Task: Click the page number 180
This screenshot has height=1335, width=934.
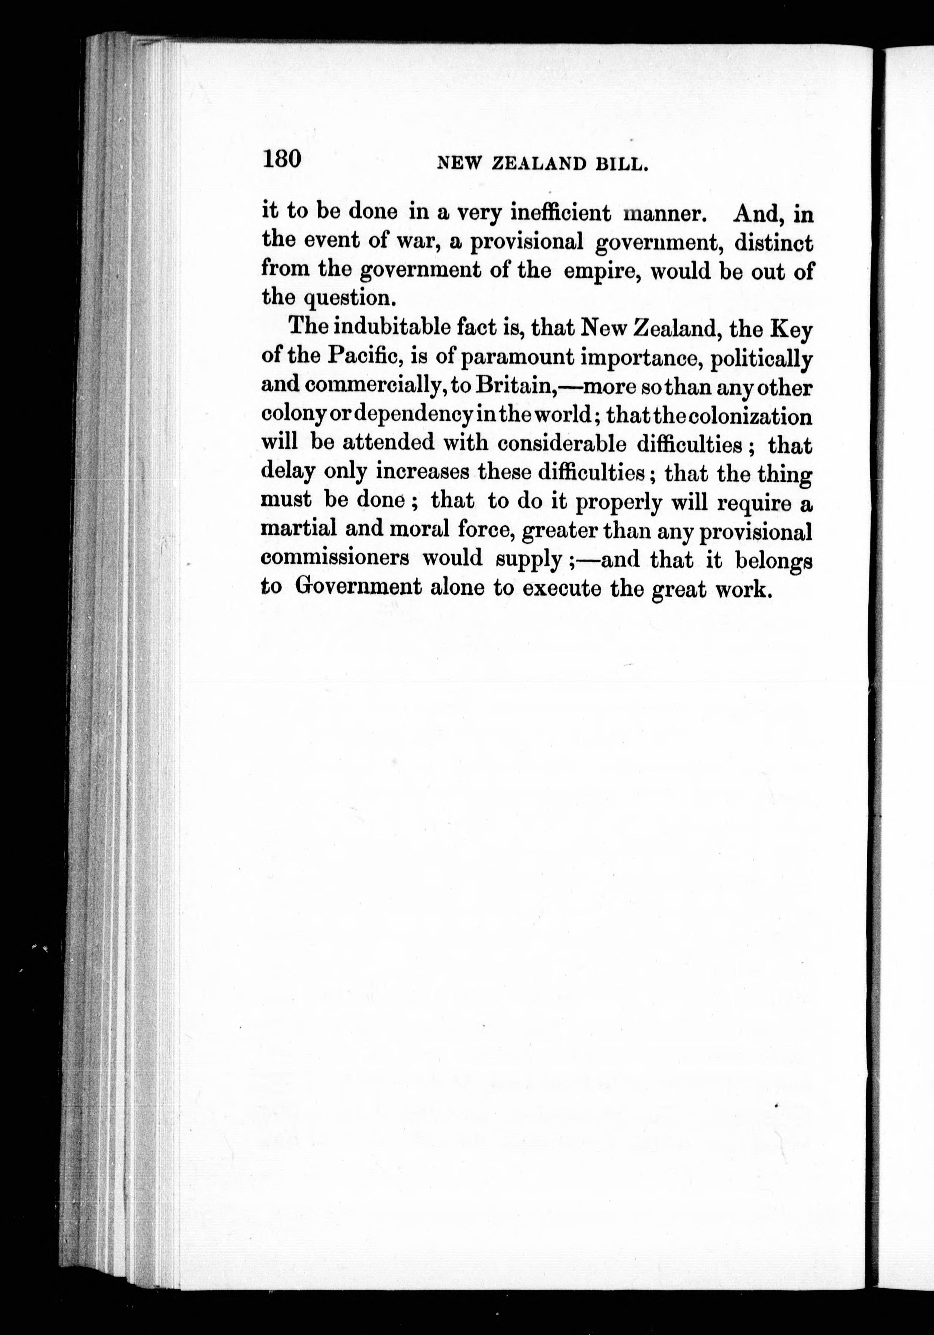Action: (x=281, y=158)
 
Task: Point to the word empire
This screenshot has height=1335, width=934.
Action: (x=604, y=271)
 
